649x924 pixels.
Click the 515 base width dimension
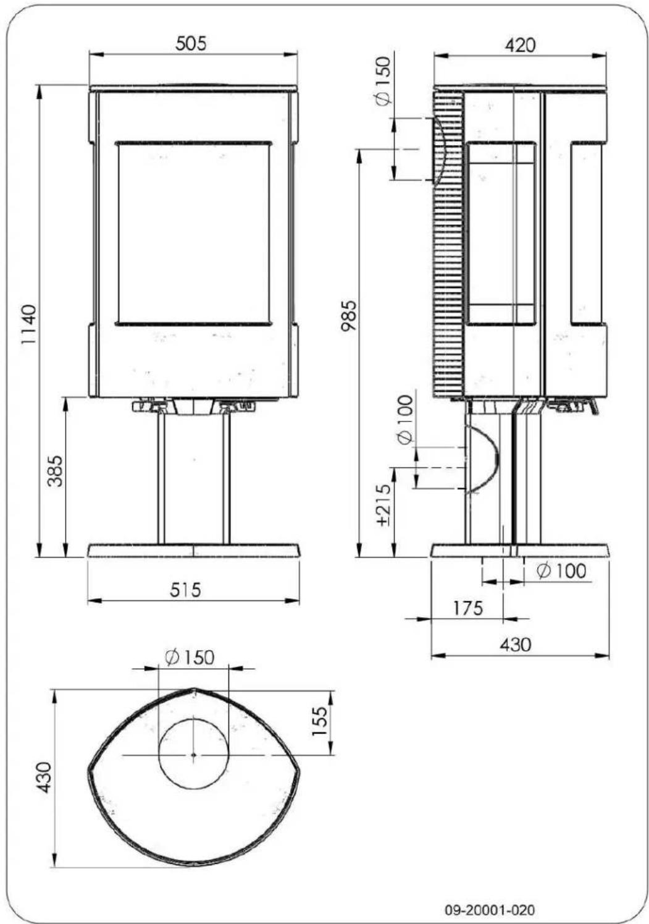click(x=186, y=590)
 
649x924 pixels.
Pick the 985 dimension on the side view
click(x=349, y=315)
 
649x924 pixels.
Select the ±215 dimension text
click(x=383, y=504)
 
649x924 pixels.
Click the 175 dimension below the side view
click(x=467, y=608)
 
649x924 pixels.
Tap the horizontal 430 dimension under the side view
click(x=514, y=645)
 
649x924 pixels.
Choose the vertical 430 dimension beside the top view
click(x=44, y=779)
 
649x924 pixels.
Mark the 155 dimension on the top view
click(x=319, y=721)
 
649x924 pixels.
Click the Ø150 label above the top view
click(x=190, y=657)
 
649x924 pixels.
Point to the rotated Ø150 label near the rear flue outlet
click(x=383, y=80)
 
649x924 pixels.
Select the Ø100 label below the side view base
click(x=561, y=570)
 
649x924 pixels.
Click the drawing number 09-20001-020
click(x=490, y=910)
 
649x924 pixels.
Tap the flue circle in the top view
click(x=194, y=754)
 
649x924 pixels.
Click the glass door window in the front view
click(x=193, y=232)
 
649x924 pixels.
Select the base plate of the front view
click(x=194, y=550)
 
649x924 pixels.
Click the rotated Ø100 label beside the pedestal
click(x=404, y=420)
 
